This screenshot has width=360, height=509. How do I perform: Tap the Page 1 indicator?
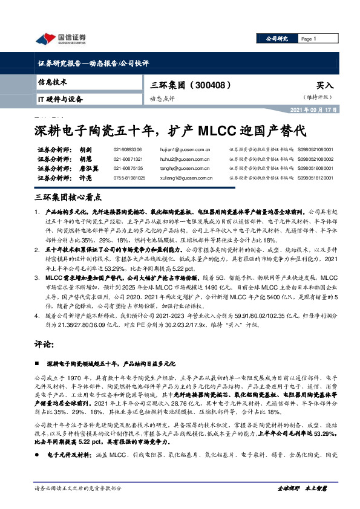(x=309, y=39)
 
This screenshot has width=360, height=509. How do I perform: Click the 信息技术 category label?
(x=53, y=82)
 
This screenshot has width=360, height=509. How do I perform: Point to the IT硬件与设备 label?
(x=61, y=99)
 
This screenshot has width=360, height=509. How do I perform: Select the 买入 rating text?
(x=325, y=86)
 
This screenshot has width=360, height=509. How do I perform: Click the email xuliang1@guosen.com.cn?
(x=188, y=178)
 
